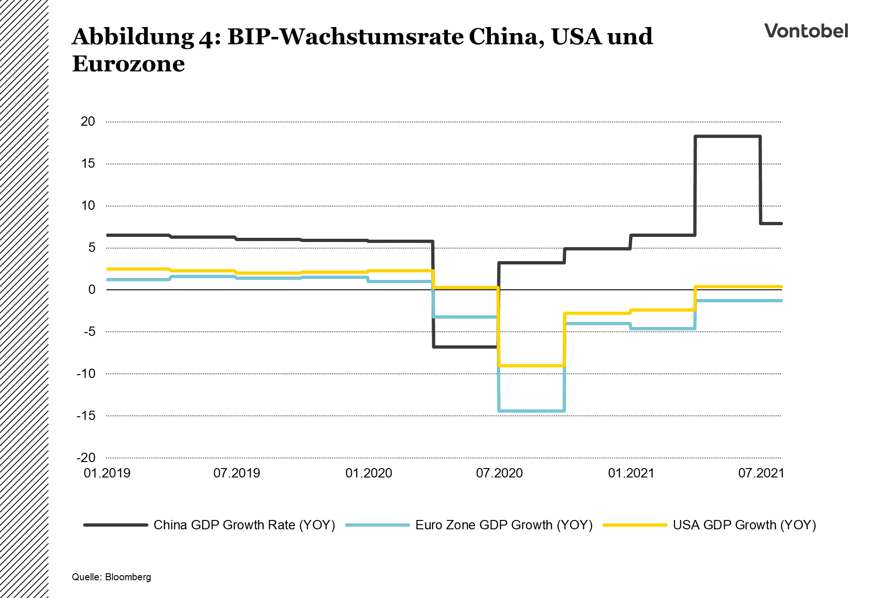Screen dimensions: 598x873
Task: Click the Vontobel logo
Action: pyautogui.click(x=806, y=31)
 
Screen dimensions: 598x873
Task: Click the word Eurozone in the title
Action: pyautogui.click(x=128, y=64)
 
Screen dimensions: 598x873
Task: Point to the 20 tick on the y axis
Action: pyautogui.click(x=88, y=121)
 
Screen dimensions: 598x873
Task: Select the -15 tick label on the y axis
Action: pyautogui.click(x=86, y=416)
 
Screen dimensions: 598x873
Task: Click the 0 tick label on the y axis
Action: pyautogui.click(x=91, y=290)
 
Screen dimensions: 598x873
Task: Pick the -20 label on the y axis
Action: pyautogui.click(x=86, y=458)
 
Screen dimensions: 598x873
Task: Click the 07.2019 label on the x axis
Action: pyautogui.click(x=237, y=473)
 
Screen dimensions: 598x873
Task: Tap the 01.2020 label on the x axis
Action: pyautogui.click(x=369, y=473)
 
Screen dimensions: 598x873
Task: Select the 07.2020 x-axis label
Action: pyautogui.click(x=499, y=473)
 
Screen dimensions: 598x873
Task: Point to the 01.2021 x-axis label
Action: pyautogui.click(x=631, y=473)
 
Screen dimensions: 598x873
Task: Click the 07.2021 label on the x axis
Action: pyautogui.click(x=761, y=473)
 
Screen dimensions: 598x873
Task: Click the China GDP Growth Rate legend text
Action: pyautogui.click(x=244, y=525)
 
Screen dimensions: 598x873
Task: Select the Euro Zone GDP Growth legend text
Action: pyautogui.click(x=504, y=525)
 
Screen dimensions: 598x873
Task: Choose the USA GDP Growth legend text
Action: pyautogui.click(x=744, y=525)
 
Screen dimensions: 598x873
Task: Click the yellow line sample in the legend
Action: pyautogui.click(x=635, y=525)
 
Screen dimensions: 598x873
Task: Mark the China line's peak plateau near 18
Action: pyautogui.click(x=728, y=136)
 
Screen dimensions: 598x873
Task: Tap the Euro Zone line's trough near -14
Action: pyautogui.click(x=532, y=411)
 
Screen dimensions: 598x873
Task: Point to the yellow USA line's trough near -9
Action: pyautogui.click(x=532, y=365)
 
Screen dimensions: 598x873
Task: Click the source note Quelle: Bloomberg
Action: pyautogui.click(x=112, y=577)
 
